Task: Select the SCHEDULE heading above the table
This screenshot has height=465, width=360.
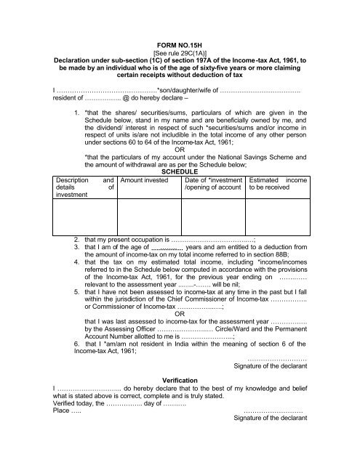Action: click(x=180, y=171)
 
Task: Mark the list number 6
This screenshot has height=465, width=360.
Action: click(x=78, y=382)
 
